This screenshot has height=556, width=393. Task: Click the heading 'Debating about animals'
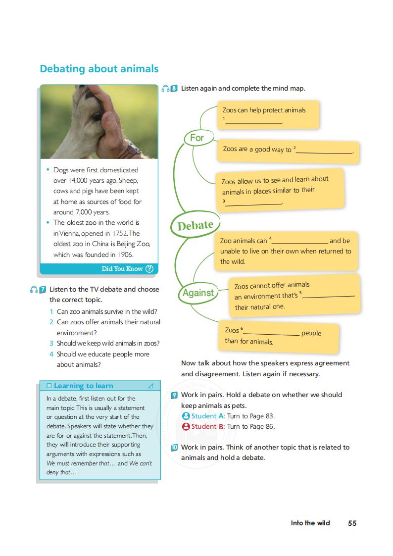99,69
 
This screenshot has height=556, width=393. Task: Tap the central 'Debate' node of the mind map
195,226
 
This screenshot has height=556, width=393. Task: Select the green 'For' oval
196,138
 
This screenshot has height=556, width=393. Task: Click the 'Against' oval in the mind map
198,293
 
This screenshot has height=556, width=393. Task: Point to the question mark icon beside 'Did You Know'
149,269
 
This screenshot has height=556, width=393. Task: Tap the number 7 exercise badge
43,289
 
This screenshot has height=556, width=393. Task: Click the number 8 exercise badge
174,89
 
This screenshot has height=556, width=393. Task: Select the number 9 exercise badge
174,395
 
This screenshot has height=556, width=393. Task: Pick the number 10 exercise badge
174,448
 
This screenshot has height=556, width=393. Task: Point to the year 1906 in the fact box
124,255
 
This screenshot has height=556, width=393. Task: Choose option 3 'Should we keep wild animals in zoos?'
108,343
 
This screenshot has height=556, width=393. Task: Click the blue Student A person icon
186,416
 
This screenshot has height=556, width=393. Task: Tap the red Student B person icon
186,426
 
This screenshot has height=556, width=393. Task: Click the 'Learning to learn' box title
83,386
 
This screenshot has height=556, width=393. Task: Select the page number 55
352,523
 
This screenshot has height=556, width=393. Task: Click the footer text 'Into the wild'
310,523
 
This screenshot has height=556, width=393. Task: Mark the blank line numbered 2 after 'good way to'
324,151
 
